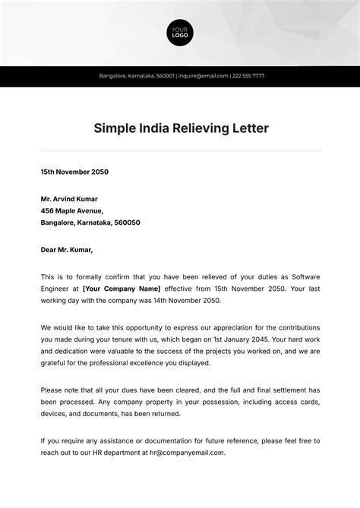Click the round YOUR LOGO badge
click(180, 33)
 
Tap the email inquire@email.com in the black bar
click(204, 76)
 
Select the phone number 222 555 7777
click(248, 76)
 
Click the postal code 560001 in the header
click(165, 76)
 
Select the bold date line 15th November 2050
click(74, 172)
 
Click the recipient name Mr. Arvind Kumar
click(69, 199)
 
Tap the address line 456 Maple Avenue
click(71, 211)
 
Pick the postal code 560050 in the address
click(126, 223)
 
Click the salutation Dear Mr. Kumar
click(67, 250)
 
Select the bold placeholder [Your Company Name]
click(122, 289)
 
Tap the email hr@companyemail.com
click(185, 453)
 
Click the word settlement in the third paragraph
click(289, 390)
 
